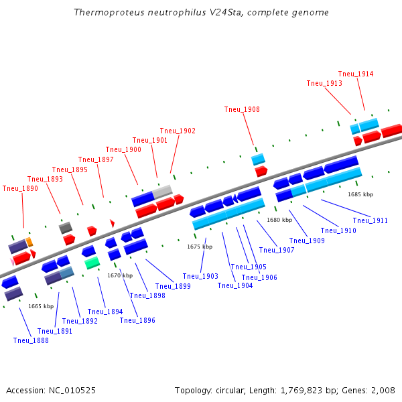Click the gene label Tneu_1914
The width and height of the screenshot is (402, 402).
356,74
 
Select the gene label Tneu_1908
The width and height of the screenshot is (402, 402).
242,109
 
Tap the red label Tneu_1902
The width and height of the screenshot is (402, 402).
178,131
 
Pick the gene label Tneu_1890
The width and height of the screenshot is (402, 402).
20,188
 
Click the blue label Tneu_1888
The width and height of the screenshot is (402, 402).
31,340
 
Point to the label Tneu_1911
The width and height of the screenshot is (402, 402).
371,220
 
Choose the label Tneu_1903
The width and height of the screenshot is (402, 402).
200,276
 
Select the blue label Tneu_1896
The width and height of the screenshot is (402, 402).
137,320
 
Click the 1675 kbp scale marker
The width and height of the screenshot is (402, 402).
200,247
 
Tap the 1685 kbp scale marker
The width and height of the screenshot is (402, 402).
360,194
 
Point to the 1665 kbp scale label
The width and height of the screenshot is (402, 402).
41,306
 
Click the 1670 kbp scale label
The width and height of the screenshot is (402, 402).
120,275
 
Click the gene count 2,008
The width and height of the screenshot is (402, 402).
381,390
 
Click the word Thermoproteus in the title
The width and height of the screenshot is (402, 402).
105,13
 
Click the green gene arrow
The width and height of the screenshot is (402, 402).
92,263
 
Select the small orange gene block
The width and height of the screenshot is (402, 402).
29,242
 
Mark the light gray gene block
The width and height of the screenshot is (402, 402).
162,192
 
